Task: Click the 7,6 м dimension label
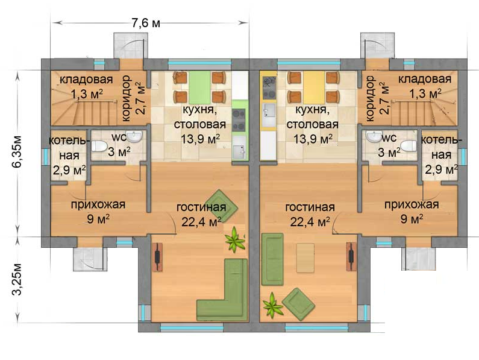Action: tap(146, 24)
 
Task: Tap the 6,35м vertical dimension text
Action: tap(17, 151)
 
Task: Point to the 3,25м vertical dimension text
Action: tap(17, 279)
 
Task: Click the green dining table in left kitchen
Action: tap(199, 87)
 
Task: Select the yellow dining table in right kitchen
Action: tap(314, 87)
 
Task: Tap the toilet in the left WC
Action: tap(99, 146)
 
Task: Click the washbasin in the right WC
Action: tap(373, 136)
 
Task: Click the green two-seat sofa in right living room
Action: tap(272, 259)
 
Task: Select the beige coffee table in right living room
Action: tap(305, 257)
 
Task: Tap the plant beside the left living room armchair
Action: tap(235, 239)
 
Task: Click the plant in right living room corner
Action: tap(272, 305)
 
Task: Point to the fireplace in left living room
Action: tap(158, 257)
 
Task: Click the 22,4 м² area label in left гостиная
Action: tap(201, 222)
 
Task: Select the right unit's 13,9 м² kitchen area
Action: tap(313, 139)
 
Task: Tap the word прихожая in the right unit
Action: tap(412, 204)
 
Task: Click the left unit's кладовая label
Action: tap(86, 79)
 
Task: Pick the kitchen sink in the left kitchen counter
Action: tap(239, 148)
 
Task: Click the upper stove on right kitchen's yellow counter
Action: tap(269, 81)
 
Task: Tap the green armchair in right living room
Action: tap(298, 305)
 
